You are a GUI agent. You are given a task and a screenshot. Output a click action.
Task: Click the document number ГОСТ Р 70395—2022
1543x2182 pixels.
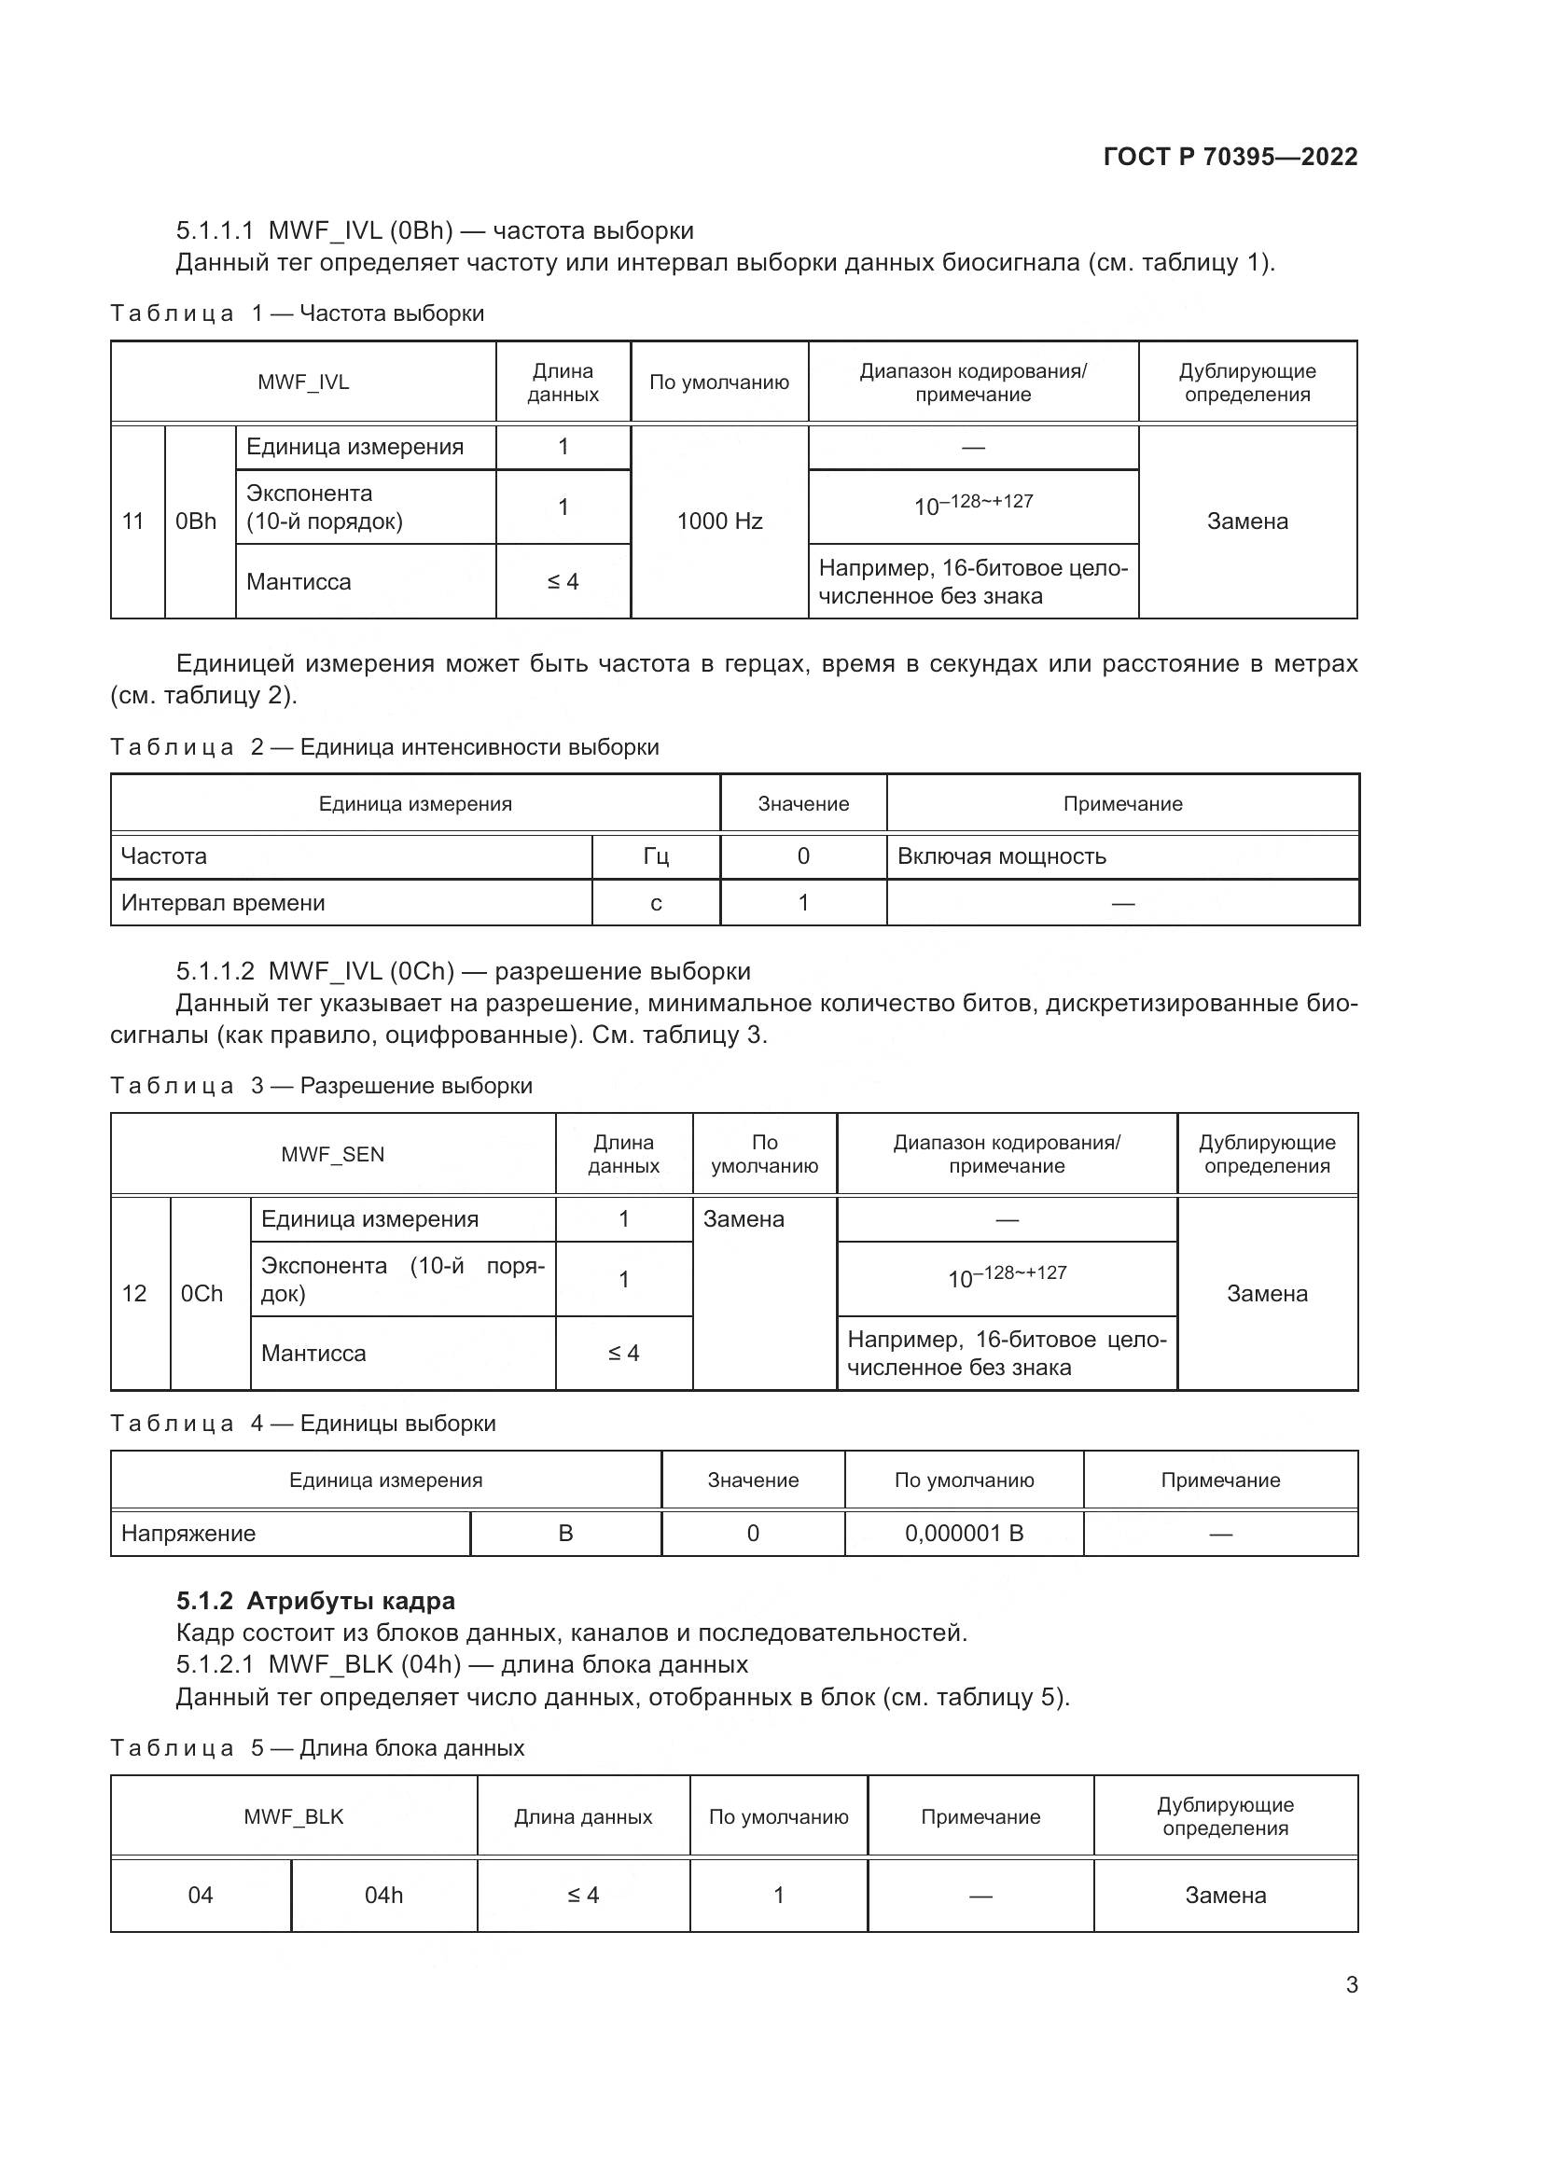click(1230, 157)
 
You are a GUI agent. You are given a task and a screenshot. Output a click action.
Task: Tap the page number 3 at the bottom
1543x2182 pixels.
click(1351, 1984)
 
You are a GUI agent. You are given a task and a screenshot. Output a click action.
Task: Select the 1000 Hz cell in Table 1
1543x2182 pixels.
click(719, 521)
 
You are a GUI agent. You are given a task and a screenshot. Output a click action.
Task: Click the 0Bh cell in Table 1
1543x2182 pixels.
click(196, 521)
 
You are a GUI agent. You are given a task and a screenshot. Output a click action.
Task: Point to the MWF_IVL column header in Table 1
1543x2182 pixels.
click(303, 382)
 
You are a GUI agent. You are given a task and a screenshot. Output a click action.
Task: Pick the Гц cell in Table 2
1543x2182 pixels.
click(656, 856)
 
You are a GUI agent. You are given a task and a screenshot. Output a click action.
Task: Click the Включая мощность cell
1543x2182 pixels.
click(1001, 856)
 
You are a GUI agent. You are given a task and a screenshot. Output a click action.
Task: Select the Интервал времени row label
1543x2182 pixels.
click(223, 903)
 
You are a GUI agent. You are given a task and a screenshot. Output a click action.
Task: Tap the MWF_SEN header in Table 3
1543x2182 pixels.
click(332, 1154)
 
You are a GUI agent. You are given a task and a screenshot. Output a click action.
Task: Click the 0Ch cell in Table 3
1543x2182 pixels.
click(202, 1293)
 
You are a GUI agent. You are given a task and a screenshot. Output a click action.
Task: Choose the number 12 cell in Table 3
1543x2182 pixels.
click(134, 1293)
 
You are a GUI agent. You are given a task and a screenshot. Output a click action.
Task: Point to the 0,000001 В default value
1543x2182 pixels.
click(964, 1533)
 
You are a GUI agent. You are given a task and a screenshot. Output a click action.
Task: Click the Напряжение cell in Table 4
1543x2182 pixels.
click(188, 1533)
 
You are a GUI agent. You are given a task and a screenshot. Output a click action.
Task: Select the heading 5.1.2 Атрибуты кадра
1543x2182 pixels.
click(315, 1601)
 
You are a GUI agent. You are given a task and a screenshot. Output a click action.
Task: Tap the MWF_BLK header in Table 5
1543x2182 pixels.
click(294, 1816)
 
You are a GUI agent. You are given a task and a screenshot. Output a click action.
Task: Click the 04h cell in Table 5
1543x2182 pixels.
click(383, 1895)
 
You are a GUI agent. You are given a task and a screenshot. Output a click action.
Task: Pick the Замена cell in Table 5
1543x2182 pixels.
click(1225, 1895)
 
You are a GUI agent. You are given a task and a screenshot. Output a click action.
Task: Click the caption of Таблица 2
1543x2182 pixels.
click(383, 747)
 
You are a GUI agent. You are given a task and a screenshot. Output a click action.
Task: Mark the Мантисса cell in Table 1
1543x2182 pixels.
click(299, 581)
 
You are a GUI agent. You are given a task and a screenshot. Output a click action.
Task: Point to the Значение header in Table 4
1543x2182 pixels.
click(753, 1480)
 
